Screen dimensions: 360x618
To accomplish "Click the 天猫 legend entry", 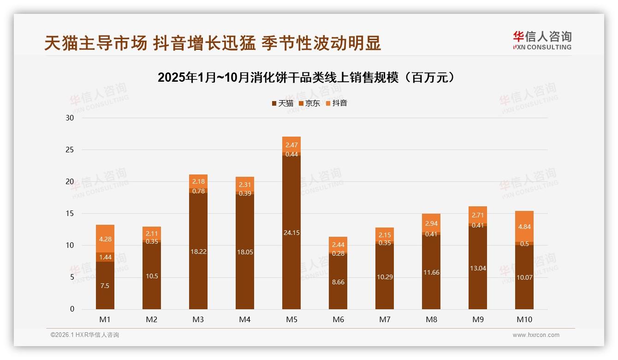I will (x=282, y=103).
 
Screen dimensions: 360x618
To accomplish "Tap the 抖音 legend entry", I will (x=336, y=103).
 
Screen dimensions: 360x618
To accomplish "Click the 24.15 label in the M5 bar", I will (x=291, y=233).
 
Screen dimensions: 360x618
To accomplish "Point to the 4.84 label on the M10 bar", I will (x=524, y=227).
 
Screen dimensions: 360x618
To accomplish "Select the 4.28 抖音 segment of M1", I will (x=105, y=239).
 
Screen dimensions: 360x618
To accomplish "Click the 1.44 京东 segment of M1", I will (x=105, y=257).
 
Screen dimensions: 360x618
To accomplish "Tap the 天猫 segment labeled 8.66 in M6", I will (x=338, y=282).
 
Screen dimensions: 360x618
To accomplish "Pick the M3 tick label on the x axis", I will (x=198, y=319).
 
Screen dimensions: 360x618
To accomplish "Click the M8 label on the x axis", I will (x=431, y=319).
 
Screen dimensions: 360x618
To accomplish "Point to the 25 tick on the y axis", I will (x=70, y=150).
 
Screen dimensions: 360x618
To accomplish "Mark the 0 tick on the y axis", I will (x=72, y=309).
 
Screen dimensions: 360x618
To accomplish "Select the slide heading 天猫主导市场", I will (x=213, y=43).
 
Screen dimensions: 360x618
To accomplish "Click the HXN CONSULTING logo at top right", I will (x=542, y=40).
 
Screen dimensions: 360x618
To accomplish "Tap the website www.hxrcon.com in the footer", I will (x=536, y=335).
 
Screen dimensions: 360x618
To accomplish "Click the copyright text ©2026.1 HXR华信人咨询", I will (x=84, y=335).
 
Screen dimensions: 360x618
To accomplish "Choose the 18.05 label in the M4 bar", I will (x=245, y=252).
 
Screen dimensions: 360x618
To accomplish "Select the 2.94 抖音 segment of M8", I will (x=431, y=223).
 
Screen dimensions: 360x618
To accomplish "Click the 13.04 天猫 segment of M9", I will (x=478, y=268).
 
